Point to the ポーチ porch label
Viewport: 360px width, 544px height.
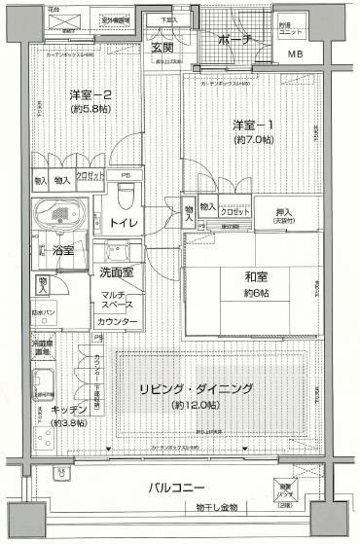click(234, 39)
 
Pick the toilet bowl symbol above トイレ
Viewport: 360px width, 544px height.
click(124, 197)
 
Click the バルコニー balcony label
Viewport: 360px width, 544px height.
click(175, 487)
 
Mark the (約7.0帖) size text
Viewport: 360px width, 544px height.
click(253, 141)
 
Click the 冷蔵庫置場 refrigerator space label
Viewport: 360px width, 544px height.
click(42, 346)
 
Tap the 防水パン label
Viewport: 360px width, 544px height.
click(42, 312)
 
